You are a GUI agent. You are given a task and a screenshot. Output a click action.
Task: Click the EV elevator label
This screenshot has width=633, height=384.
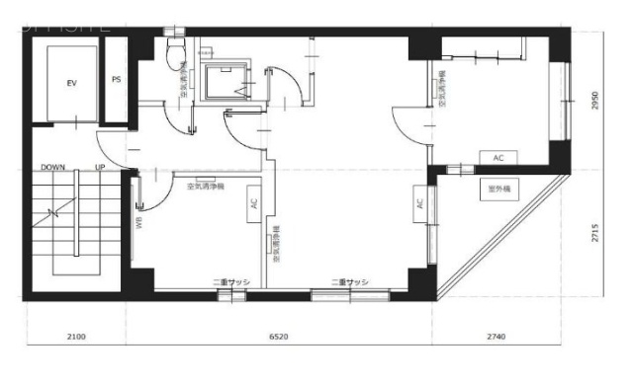(72, 82)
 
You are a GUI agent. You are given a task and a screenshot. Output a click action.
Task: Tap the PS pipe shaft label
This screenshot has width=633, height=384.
(117, 80)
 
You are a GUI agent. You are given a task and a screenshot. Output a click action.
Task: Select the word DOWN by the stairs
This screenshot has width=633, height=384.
(53, 168)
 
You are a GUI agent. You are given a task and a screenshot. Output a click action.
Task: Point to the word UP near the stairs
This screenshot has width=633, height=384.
(100, 168)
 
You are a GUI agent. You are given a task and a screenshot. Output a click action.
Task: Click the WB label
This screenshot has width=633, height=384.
(139, 221)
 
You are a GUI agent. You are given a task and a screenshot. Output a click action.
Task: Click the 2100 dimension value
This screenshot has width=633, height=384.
(76, 337)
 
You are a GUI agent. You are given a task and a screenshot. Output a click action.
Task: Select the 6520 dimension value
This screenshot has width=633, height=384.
(279, 337)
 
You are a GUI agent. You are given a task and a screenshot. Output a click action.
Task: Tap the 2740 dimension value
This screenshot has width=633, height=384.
(497, 337)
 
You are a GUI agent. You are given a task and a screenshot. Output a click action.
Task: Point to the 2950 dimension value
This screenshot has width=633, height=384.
(595, 101)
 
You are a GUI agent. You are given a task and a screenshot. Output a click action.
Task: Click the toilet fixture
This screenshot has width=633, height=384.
(177, 54)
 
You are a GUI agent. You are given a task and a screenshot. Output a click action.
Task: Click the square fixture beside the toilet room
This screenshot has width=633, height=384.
(226, 82)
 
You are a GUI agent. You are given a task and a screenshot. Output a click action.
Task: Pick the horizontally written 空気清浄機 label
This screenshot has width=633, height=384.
(204, 185)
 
